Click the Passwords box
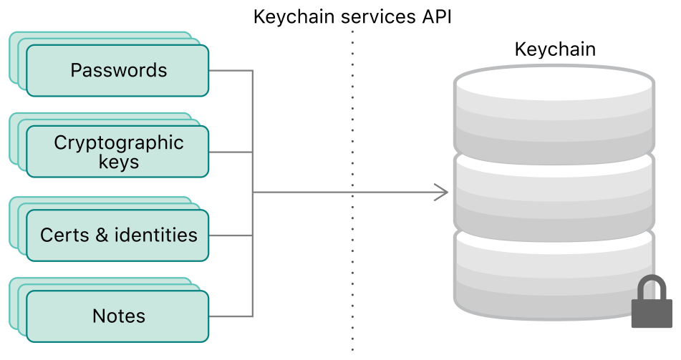[118, 71]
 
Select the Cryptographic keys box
[118, 152]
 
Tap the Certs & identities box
[118, 235]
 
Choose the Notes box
[118, 316]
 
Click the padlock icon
[651, 308]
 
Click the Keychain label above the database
[555, 49]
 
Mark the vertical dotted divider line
[352, 215]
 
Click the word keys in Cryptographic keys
[119, 162]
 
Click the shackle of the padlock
[651, 288]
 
